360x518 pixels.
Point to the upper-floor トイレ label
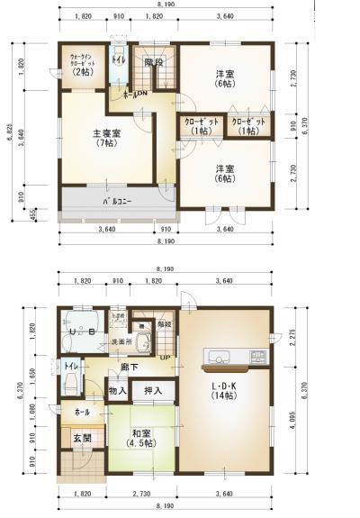coord(119,60)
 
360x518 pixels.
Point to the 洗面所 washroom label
coord(121,342)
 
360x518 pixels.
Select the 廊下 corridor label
coord(129,367)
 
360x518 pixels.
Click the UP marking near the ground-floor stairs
coord(165,359)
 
